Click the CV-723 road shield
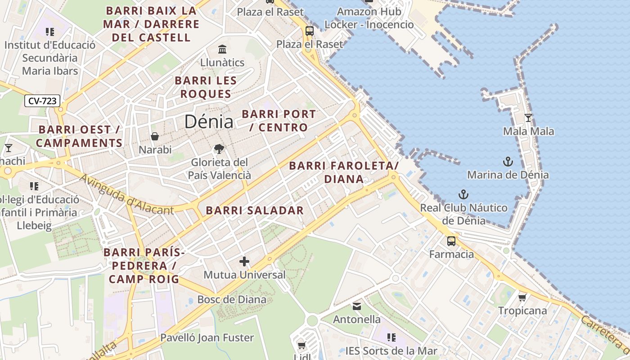[x=42, y=101]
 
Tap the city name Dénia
[x=209, y=122]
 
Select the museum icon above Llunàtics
[x=222, y=49]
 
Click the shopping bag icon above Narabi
[x=155, y=136]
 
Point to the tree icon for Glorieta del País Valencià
[x=219, y=148]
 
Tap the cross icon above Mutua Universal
[x=244, y=261]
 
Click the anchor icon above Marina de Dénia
[x=508, y=162]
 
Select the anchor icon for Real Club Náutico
[x=463, y=194]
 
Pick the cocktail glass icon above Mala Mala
[x=528, y=118]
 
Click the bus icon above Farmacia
[x=451, y=241]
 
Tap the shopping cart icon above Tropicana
[x=522, y=297]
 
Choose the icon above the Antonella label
[x=357, y=306]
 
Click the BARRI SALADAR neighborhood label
[x=255, y=210]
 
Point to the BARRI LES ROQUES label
[x=206, y=87]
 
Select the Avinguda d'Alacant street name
[x=126, y=194]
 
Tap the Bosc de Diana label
[x=232, y=300]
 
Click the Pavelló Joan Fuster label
[x=207, y=337]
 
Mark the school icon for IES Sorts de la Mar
[x=391, y=337]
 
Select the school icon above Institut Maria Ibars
[x=50, y=32]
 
